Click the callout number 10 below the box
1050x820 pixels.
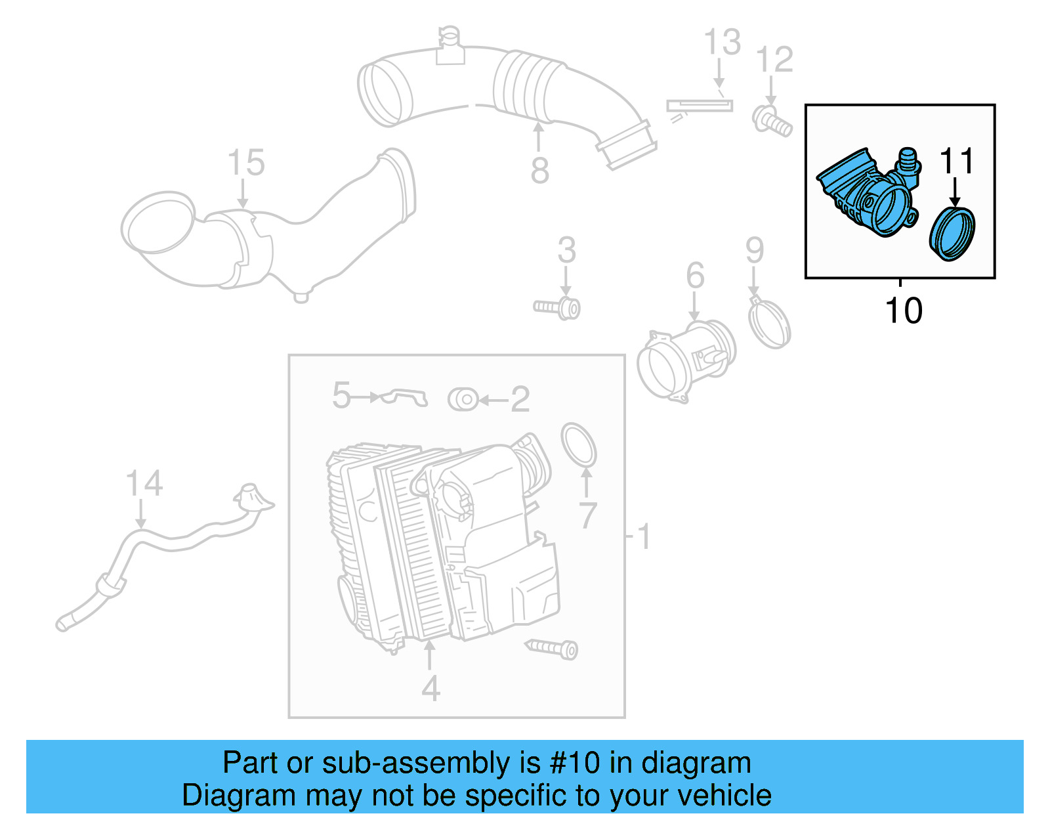pos(903,311)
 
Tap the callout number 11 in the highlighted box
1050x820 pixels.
pos(956,162)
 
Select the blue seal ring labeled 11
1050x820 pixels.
pos(952,234)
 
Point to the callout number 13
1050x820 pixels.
pos(722,43)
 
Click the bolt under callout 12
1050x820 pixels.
pos(772,122)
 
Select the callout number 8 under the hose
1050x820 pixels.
pos(539,171)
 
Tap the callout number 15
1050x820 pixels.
pos(246,163)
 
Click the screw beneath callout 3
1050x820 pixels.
pos(558,307)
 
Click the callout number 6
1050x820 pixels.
pos(695,276)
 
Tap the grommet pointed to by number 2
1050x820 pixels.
pos(463,399)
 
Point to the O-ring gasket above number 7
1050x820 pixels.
pos(579,444)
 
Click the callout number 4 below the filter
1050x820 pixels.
pos(430,689)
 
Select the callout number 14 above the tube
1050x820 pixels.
pos(144,484)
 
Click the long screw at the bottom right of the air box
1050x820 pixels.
pos(553,648)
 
